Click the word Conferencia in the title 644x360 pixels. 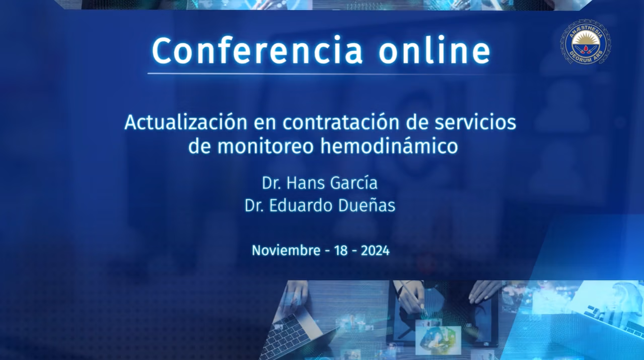257,51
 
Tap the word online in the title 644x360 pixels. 434,50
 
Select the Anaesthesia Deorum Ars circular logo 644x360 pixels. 586,41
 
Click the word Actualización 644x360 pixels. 186,123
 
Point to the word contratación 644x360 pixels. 341,123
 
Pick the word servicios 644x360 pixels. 475,123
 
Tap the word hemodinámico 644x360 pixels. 389,147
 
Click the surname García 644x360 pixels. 354,183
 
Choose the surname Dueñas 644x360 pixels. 367,205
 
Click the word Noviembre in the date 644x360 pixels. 286,250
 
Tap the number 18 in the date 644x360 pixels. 341,251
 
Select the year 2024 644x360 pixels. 375,251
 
